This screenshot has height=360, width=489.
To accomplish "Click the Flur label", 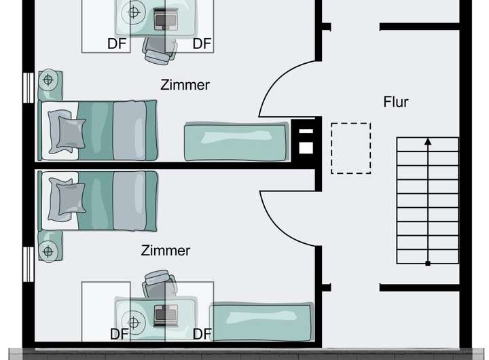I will (x=396, y=103).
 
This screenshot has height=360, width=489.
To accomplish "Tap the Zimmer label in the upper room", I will (x=185, y=85).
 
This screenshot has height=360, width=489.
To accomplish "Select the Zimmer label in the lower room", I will (x=166, y=251).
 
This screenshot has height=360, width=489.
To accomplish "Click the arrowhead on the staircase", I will (x=428, y=142).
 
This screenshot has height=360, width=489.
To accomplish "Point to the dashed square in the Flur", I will (x=350, y=148).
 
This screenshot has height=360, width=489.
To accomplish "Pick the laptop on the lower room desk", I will (x=164, y=314).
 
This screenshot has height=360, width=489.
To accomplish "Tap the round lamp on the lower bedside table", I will (x=48, y=251).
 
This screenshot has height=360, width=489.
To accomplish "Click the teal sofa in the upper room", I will (x=236, y=141).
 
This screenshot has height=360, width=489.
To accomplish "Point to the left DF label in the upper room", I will (x=117, y=44).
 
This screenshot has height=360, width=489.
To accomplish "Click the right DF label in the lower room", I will (x=202, y=334).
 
